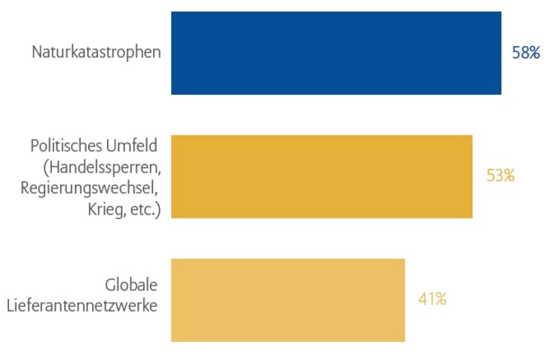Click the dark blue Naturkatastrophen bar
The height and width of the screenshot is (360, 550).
pos(336,53)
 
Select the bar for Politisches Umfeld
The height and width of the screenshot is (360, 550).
pos(322,176)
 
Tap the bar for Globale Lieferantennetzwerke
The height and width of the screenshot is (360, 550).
pos(288,300)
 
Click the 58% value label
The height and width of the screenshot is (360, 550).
pos(526,53)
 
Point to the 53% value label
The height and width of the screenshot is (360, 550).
pos(500,176)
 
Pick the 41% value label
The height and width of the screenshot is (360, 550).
pos(432,299)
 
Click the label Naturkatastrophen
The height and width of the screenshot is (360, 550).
pos(96,53)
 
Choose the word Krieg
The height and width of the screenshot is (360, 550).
pos(105,208)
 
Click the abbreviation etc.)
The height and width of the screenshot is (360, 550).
pos(145,208)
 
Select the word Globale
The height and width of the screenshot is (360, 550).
pos(132,286)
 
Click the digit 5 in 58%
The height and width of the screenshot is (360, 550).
pos(517,53)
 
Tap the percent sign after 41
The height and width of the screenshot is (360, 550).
pos(439,299)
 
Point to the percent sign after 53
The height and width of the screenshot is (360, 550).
pos(508,176)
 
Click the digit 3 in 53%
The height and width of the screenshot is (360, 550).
pos(498,176)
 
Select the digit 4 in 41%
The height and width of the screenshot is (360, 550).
pos(423,299)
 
